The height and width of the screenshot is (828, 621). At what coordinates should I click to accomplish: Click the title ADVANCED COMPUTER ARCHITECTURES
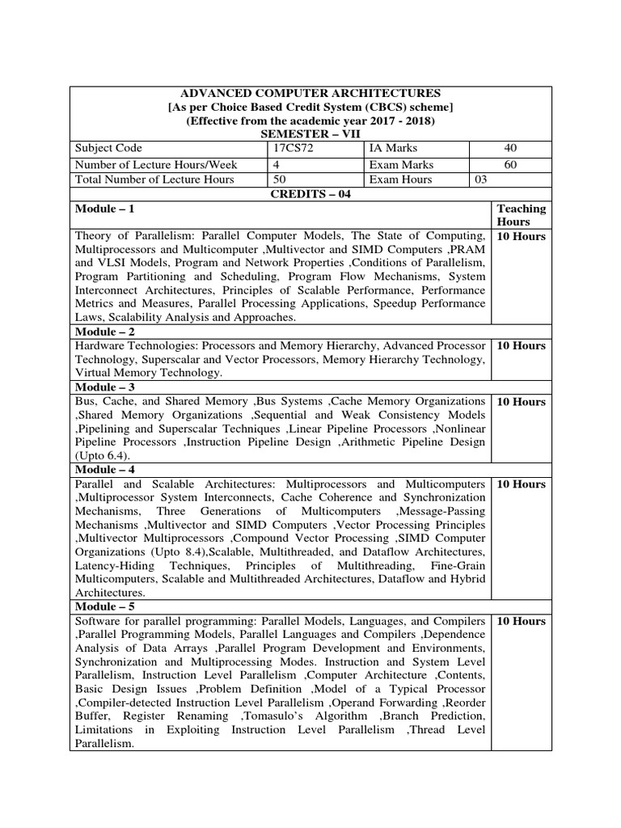pos(310,93)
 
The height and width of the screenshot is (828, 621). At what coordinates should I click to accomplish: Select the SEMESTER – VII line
pos(310,134)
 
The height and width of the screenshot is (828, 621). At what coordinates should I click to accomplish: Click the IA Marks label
pos(394,148)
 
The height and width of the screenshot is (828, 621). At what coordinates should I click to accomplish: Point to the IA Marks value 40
pos(510,148)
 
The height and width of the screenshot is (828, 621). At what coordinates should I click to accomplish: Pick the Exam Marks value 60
pos(510,164)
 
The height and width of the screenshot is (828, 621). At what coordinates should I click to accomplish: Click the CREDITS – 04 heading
pos(310,194)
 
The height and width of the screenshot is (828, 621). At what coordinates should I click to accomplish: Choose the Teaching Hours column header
pos(521,215)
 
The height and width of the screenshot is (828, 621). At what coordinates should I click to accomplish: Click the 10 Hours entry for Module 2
pos(521,345)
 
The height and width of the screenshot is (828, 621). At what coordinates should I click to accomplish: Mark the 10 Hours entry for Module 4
pos(521,484)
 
